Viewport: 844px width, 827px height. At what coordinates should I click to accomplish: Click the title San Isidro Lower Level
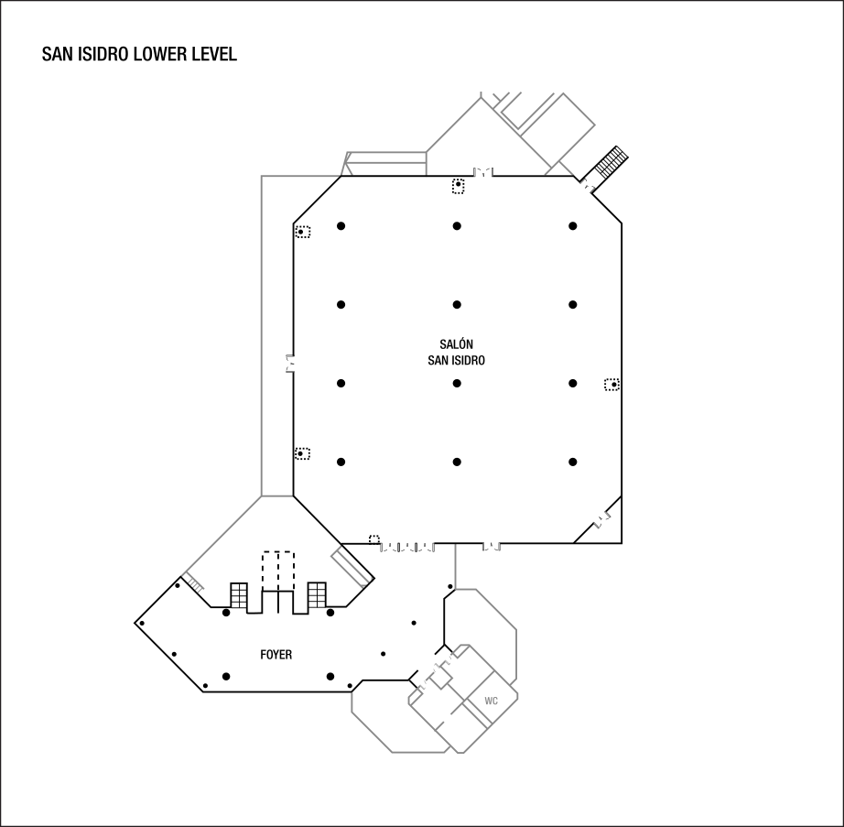pyautogui.click(x=139, y=54)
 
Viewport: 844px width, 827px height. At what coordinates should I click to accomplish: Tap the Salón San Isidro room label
pyautogui.click(x=457, y=352)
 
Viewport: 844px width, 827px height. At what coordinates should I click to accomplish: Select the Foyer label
pyautogui.click(x=276, y=655)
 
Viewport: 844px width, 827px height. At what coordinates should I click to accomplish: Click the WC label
pyautogui.click(x=491, y=701)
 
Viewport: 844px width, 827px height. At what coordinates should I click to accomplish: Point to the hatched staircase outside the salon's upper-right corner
pyautogui.click(x=611, y=160)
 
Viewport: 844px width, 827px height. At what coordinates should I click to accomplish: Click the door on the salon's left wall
pyautogui.click(x=289, y=364)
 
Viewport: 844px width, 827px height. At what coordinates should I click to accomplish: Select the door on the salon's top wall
pyautogui.click(x=482, y=172)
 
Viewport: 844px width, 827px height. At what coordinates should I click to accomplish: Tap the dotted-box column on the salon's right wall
pyautogui.click(x=612, y=385)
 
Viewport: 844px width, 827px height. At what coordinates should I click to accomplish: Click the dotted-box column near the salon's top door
pyautogui.click(x=458, y=186)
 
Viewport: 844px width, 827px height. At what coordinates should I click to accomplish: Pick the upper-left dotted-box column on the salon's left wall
pyautogui.click(x=302, y=232)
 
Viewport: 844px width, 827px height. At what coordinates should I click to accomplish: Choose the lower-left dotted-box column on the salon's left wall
pyautogui.click(x=302, y=454)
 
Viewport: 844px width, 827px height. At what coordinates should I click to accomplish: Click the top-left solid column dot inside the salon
pyautogui.click(x=341, y=226)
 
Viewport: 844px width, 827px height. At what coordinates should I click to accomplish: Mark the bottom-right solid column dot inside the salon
pyautogui.click(x=573, y=462)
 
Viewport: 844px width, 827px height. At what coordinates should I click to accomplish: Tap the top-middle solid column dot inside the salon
pyautogui.click(x=457, y=226)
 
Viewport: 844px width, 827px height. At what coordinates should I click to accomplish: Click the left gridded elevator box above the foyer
pyautogui.click(x=239, y=595)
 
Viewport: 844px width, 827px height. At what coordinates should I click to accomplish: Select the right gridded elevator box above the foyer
pyautogui.click(x=317, y=595)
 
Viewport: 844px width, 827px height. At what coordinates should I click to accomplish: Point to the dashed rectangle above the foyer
pyautogui.click(x=278, y=571)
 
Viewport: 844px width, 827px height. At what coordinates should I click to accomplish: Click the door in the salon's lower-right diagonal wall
pyautogui.click(x=603, y=519)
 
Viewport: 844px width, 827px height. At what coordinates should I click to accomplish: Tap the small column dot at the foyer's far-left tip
pyautogui.click(x=142, y=624)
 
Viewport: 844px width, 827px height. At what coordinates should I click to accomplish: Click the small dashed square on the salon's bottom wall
pyautogui.click(x=374, y=539)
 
